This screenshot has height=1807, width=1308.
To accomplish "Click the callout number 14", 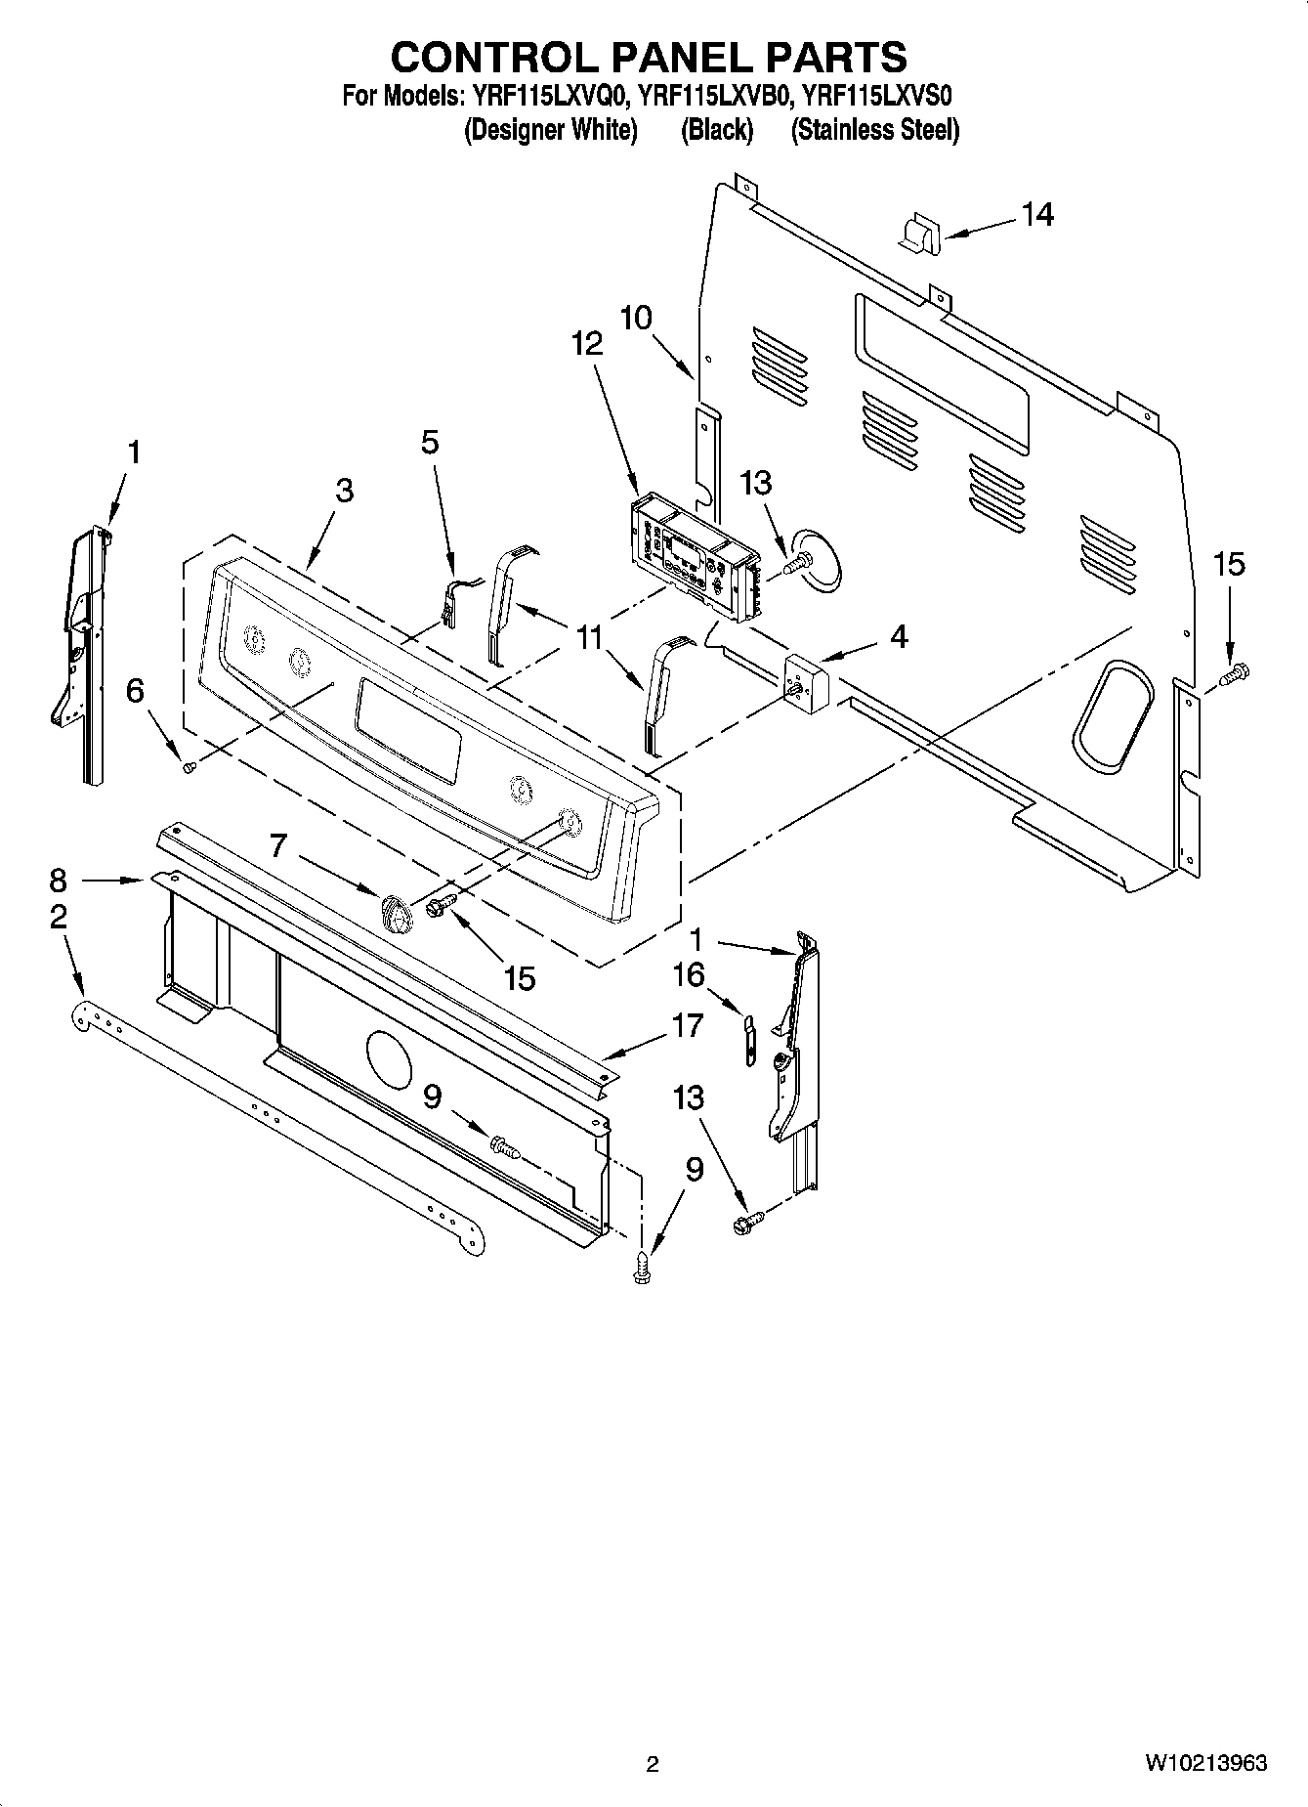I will coord(1038,214).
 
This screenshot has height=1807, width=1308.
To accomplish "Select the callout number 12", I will coord(587,343).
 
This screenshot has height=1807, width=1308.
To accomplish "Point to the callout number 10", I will coord(636,318).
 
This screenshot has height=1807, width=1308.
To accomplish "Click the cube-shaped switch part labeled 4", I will coord(807,681).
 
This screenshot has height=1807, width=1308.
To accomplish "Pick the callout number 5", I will coord(430,442).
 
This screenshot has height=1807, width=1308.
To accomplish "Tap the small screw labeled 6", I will coord(190,768).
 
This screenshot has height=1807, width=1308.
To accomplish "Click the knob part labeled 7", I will coord(394,913).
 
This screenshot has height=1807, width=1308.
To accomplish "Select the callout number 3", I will coord(344,491).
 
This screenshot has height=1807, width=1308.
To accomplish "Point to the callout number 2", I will coord(59,916).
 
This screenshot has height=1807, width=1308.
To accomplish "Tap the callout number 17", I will coord(688,1025).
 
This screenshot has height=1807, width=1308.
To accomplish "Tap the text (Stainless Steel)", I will coord(874,129).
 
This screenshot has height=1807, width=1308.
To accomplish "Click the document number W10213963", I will coord(1206,1762).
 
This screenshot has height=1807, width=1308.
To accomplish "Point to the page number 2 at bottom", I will coord(653,1763).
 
